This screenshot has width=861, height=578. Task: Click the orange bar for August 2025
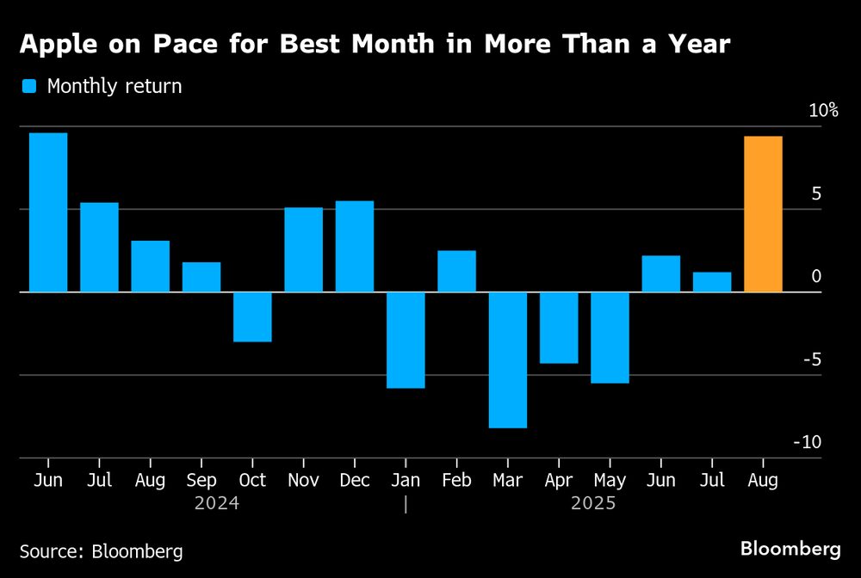763,214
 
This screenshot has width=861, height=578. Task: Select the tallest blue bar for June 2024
48,212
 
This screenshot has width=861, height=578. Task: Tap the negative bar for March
508,360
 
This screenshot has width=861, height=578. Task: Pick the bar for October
252,317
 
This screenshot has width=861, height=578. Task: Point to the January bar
406,340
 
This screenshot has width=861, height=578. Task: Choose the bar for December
355,247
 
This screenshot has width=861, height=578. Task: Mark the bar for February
456,271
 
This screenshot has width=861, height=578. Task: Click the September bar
201,277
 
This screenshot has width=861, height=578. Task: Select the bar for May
610,337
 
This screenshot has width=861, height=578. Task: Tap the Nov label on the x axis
303,481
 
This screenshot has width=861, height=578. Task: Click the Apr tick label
559,481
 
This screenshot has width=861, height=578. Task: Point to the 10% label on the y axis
822,110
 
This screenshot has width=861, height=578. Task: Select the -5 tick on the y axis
812,359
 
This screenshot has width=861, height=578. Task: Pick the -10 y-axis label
808,442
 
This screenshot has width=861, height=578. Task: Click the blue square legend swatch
30,86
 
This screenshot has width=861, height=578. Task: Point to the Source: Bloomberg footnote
102,550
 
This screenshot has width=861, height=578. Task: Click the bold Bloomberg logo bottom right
790,548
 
